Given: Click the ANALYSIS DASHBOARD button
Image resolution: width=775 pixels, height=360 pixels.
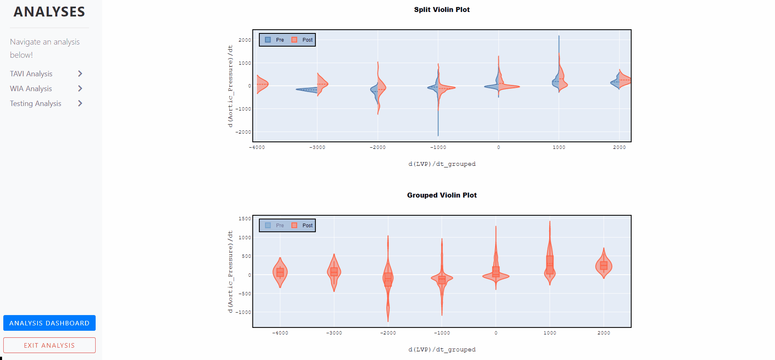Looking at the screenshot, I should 49,323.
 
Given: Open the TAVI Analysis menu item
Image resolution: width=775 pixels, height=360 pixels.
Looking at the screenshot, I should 31,74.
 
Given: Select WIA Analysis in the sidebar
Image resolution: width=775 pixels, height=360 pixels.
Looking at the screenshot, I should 31,89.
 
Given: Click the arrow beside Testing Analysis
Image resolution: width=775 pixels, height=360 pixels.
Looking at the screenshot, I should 80,104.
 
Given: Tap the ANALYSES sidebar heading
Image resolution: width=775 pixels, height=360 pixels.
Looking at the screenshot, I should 49,12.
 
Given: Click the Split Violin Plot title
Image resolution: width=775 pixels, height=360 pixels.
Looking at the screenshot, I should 442,9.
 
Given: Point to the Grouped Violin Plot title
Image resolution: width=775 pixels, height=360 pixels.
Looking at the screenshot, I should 442,195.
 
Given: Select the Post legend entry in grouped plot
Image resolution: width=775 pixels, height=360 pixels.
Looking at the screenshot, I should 303,226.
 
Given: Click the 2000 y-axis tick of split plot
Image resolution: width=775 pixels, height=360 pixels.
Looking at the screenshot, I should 244,40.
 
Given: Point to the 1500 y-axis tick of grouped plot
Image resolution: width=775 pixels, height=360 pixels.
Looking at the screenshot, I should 244,219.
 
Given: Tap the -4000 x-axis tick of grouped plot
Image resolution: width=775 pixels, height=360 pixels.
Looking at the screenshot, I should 280,333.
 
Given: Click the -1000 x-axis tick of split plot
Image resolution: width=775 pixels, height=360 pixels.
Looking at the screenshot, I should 438,147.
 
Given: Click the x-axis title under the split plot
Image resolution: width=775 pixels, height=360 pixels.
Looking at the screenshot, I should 442,164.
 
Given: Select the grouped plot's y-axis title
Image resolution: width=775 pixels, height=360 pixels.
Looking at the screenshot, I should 230,271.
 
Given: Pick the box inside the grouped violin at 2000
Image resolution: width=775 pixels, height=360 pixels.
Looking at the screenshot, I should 604,266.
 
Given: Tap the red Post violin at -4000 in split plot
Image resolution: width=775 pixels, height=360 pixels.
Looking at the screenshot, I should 262,84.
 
